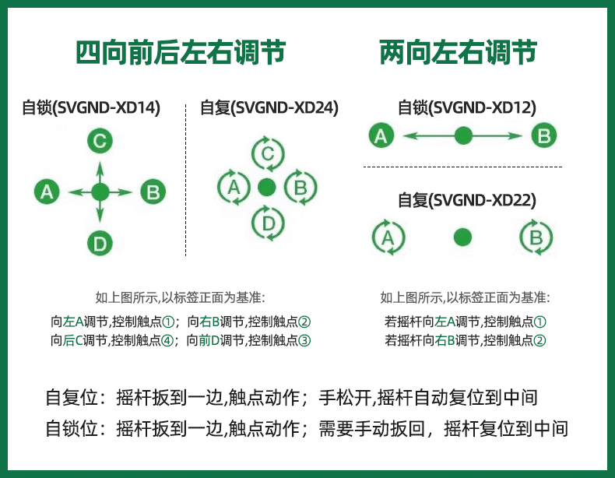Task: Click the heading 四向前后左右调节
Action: pos(180,53)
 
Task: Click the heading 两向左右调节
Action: pos(459,53)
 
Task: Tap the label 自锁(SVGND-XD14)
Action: pos(91,108)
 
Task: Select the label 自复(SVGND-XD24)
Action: pos(269,108)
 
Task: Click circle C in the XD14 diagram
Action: pos(100,141)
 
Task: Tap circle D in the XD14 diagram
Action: pos(100,244)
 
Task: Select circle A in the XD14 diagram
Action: pos(47,192)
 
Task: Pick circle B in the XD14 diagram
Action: pos(153,192)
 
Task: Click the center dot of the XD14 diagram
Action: pos(100,192)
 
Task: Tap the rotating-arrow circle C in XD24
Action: pos(267,153)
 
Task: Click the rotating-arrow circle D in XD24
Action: pos(267,223)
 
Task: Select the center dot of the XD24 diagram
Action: pos(267,187)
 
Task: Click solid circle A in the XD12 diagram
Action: pos(380,136)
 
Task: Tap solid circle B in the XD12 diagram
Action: pos(544,136)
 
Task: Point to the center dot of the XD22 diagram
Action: pos(463,237)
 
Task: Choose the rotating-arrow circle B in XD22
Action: pos(536,237)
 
